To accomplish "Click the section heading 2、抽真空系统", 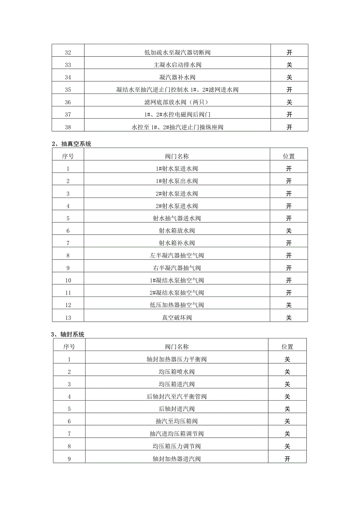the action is [x=71, y=144].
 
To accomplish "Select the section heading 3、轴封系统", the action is [x=68, y=335].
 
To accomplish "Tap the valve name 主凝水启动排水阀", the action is [x=177, y=65].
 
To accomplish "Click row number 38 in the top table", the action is [x=68, y=127].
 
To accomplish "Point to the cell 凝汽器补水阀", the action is [x=177, y=77].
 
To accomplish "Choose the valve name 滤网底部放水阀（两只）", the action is [x=177, y=102].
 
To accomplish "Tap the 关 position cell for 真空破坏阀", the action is [x=289, y=318].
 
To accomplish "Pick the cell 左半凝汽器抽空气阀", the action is [x=177, y=256].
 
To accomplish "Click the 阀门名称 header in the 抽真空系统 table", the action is [x=177, y=156].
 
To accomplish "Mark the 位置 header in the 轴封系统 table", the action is [x=287, y=347].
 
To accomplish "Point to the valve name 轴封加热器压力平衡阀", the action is [x=176, y=359].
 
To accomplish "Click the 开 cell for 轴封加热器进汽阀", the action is [x=287, y=459].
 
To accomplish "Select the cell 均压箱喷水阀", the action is [x=176, y=372].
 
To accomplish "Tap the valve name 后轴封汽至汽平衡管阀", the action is [x=176, y=397].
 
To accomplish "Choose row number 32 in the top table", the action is [x=68, y=52].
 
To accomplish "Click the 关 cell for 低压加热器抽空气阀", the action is [x=289, y=305].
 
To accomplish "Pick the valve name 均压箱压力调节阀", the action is [x=176, y=446].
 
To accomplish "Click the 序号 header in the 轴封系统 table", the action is [x=69, y=347].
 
